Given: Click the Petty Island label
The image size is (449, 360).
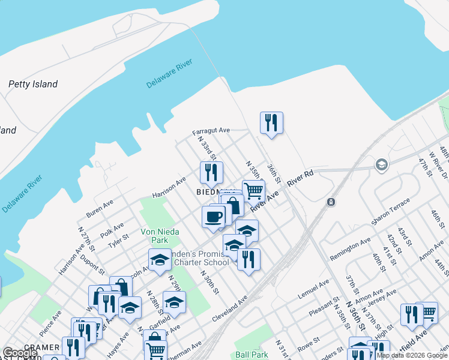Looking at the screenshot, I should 33,84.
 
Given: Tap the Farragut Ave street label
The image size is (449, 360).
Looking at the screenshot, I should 211,130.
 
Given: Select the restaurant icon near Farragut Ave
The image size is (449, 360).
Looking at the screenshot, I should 271,123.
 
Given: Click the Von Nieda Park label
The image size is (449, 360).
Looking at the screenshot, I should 154,235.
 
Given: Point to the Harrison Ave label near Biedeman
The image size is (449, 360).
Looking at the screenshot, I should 169,187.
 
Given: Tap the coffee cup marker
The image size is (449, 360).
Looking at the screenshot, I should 213,217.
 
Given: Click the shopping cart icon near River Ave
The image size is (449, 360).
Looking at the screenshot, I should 253,191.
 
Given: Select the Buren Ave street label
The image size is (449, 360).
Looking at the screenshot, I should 99,209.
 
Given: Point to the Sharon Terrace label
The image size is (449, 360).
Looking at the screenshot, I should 390,217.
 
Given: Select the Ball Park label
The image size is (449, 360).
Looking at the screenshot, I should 252,355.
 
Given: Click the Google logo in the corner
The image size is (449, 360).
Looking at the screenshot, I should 20,353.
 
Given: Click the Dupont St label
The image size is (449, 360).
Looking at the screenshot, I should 92,266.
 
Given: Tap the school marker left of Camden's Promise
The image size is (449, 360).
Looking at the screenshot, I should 160,260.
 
